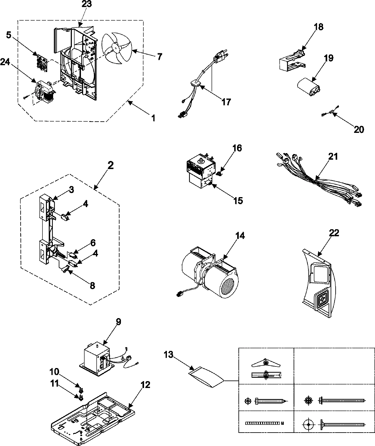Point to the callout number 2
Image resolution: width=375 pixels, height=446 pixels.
110,166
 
